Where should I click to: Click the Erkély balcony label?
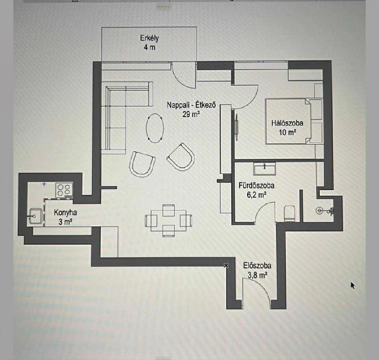(x=147, y=43)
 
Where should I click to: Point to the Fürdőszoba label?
(x=257, y=190)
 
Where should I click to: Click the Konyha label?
(x=65, y=217)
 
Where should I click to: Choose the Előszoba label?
(x=257, y=270)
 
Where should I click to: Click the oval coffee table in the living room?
(x=155, y=128)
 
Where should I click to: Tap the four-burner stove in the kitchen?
(x=64, y=190)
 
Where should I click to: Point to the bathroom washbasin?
(x=264, y=168)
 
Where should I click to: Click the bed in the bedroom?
(x=288, y=121)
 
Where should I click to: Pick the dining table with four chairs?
(x=169, y=220)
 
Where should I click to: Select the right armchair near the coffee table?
(x=181, y=156)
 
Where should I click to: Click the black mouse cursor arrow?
(x=353, y=285)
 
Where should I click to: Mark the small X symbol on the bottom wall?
(x=226, y=265)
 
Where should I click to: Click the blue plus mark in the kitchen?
(x=44, y=184)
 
